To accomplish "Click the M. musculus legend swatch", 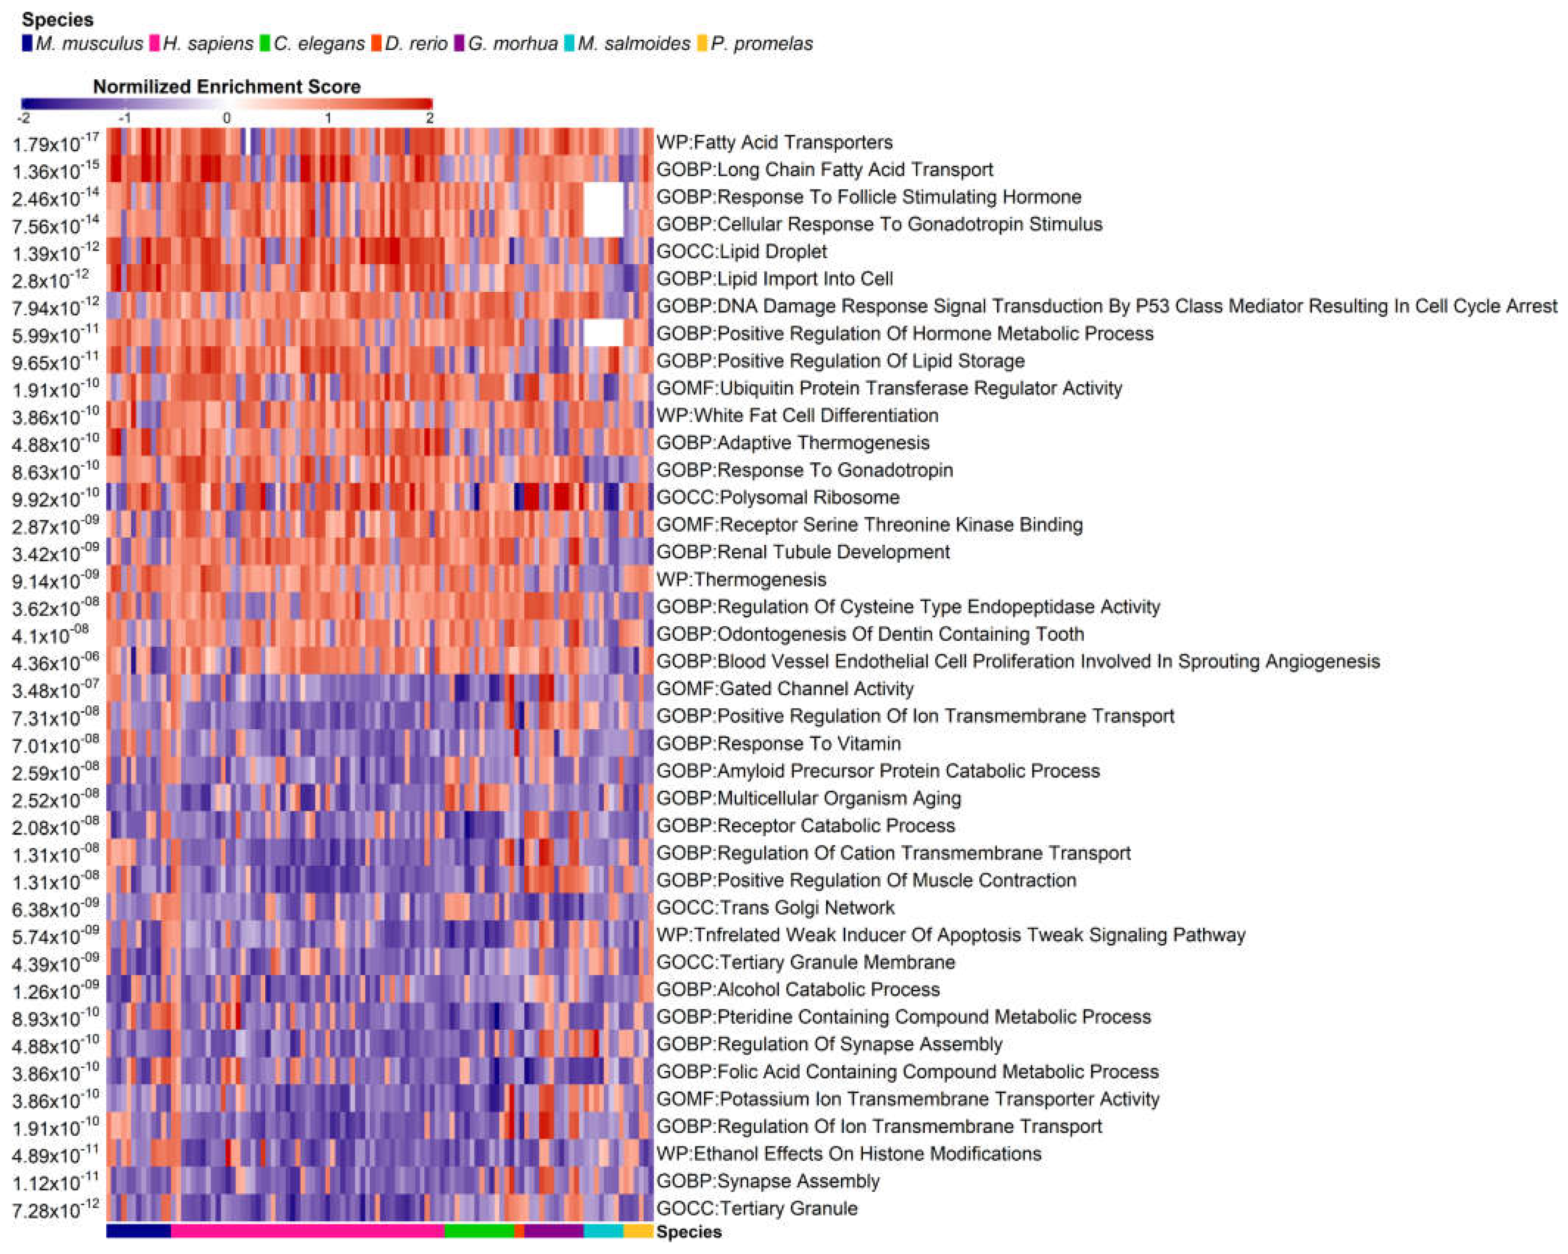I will pyautogui.click(x=27, y=44).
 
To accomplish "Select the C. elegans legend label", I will pyautogui.click(x=319, y=44).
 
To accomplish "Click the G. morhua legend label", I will pyautogui.click(x=512, y=44).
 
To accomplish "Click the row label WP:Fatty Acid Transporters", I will pyautogui.click(x=774, y=142).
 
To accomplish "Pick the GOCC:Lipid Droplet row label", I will pyautogui.click(x=741, y=252).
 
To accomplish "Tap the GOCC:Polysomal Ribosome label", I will pyautogui.click(x=778, y=497).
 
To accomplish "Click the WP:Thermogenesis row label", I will pyautogui.click(x=741, y=580).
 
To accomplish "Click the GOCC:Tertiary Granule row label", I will pyautogui.click(x=756, y=1208).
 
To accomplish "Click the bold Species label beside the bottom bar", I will pyautogui.click(x=688, y=1232).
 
